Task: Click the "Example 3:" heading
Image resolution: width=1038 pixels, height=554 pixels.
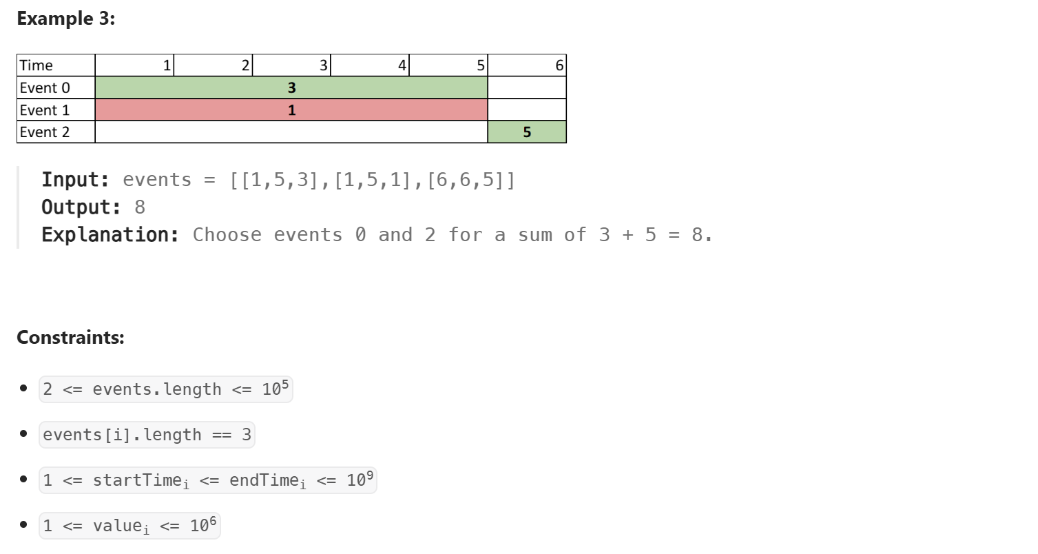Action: (x=66, y=19)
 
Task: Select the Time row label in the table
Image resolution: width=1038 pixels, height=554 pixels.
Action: (x=37, y=65)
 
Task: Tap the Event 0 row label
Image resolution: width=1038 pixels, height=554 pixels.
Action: (x=45, y=88)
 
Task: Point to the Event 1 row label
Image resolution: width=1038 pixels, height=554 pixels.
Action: (x=45, y=110)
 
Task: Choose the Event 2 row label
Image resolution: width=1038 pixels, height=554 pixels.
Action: (x=45, y=132)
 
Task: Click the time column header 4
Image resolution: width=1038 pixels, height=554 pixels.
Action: (x=402, y=65)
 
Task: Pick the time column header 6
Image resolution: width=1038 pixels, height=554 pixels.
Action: (x=559, y=65)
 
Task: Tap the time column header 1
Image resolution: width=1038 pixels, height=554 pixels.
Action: (x=167, y=65)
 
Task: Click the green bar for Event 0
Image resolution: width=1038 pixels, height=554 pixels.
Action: (x=291, y=88)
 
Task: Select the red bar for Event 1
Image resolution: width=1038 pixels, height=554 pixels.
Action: (x=291, y=110)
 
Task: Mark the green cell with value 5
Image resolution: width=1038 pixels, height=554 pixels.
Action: (x=527, y=132)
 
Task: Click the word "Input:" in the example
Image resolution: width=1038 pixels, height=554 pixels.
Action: (x=76, y=180)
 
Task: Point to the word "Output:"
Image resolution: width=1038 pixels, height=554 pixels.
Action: (x=81, y=207)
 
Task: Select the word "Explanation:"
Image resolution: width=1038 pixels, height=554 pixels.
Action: (x=110, y=235)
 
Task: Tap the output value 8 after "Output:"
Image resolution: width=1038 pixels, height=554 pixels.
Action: (x=140, y=207)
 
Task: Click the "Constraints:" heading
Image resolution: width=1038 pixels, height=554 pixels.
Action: (x=70, y=338)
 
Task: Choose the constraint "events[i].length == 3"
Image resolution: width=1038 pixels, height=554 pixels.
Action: (x=147, y=435)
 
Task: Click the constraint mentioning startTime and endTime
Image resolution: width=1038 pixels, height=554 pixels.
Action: (x=208, y=480)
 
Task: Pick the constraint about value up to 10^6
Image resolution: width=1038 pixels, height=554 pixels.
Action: (x=129, y=526)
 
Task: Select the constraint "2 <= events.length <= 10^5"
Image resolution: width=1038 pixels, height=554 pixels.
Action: (x=166, y=389)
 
